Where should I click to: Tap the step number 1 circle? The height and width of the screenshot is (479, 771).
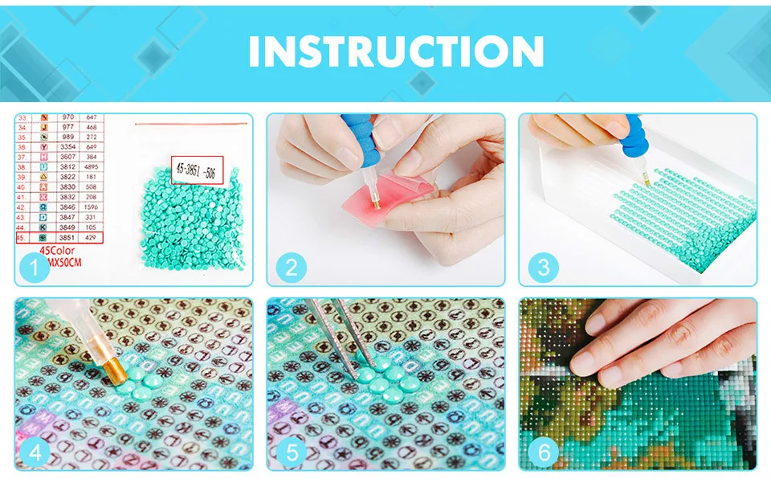(x=34, y=267)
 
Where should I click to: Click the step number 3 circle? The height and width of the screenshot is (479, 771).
(x=544, y=267)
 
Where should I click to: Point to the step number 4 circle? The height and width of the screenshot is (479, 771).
(x=34, y=452)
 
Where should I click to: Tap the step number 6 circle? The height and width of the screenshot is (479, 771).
(x=544, y=452)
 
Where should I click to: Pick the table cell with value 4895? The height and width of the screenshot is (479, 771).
(x=92, y=166)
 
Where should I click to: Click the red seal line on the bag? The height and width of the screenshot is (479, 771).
(x=189, y=125)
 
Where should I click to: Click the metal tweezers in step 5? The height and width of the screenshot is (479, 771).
(x=334, y=330)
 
